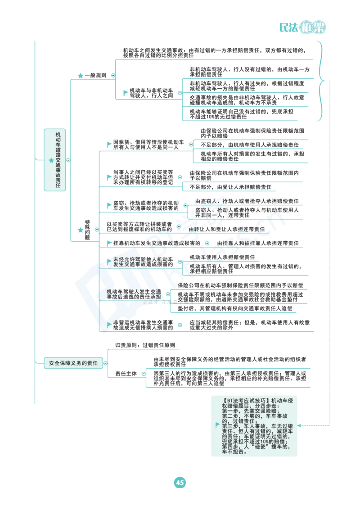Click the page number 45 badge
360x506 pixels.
[x=180, y=483]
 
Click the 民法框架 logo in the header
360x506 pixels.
[x=302, y=27]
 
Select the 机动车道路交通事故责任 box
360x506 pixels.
[x=55, y=160]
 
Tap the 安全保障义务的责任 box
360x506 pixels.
[x=73, y=363]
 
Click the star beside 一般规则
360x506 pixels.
[x=81, y=76]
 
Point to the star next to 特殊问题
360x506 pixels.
[x=81, y=230]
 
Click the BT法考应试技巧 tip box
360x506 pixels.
[x=254, y=426]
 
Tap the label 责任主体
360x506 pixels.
[x=126, y=374]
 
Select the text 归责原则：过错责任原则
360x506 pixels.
[x=145, y=345]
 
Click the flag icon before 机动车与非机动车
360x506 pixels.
[x=126, y=93]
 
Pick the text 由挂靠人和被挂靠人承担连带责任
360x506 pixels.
[x=258, y=243]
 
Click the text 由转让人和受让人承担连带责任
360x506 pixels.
[x=227, y=229]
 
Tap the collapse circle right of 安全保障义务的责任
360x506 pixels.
[x=105, y=363]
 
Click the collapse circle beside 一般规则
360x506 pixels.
[x=113, y=76]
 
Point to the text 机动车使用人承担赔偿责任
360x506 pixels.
[x=222, y=257]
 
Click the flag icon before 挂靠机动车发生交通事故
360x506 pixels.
[x=109, y=243]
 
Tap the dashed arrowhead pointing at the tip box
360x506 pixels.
[x=299, y=426]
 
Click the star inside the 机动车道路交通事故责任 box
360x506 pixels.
[x=51, y=160]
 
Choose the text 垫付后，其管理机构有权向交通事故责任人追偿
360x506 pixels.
[x=235, y=308]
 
